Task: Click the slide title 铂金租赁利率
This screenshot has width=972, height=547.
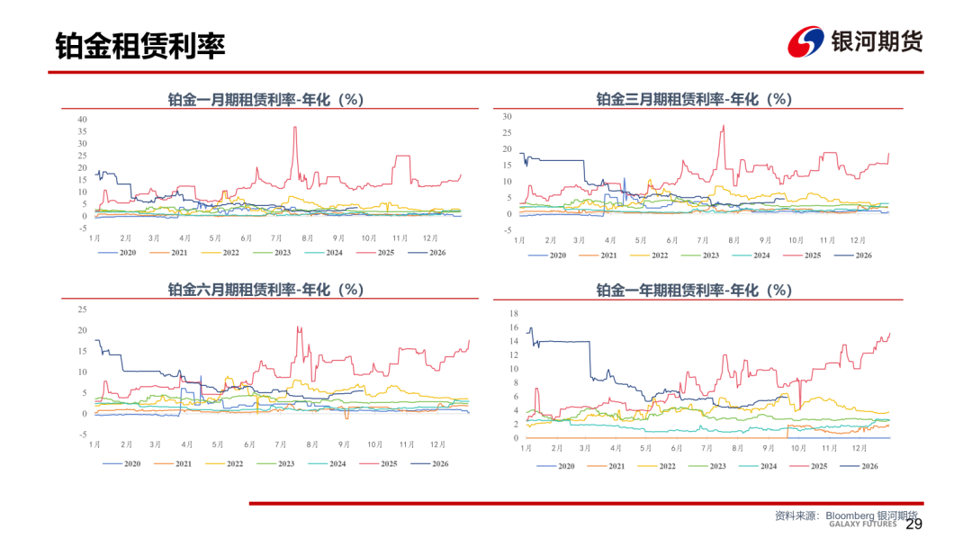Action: pyautogui.click(x=140, y=46)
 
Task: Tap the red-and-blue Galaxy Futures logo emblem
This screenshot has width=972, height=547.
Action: pyautogui.click(x=805, y=41)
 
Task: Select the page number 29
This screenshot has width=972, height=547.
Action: pyautogui.click(x=913, y=525)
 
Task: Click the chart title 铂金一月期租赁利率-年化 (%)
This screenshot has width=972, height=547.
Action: pyautogui.click(x=265, y=100)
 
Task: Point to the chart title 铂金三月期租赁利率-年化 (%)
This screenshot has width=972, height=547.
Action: pyautogui.click(x=694, y=99)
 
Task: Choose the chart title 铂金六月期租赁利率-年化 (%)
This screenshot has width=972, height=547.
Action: pyautogui.click(x=265, y=290)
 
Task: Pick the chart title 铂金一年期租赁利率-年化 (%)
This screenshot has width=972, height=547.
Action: pyautogui.click(x=694, y=290)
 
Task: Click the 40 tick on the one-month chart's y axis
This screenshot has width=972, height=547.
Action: pyautogui.click(x=83, y=120)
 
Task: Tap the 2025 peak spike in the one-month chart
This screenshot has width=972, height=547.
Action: pyautogui.click(x=295, y=128)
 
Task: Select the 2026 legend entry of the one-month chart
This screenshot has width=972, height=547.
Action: pyautogui.click(x=427, y=253)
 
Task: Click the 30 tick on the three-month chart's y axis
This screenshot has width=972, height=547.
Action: pyautogui.click(x=507, y=116)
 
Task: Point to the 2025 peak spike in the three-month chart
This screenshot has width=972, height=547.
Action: pyautogui.click(x=724, y=126)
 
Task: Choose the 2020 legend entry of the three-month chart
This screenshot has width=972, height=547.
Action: pyautogui.click(x=547, y=256)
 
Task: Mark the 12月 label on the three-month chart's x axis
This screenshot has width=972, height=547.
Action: pyautogui.click(x=858, y=240)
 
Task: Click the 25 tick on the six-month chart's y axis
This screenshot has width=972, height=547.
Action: pyautogui.click(x=83, y=309)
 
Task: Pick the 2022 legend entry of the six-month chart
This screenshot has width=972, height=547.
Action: pyautogui.click(x=224, y=464)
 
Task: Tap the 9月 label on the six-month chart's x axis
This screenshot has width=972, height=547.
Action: pyautogui.click(x=344, y=444)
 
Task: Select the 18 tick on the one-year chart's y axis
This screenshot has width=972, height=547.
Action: pyautogui.click(x=513, y=313)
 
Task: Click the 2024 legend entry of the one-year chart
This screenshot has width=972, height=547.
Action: pyautogui.click(x=758, y=466)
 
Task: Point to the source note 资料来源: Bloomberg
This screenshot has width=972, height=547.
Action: pyautogui.click(x=824, y=516)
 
